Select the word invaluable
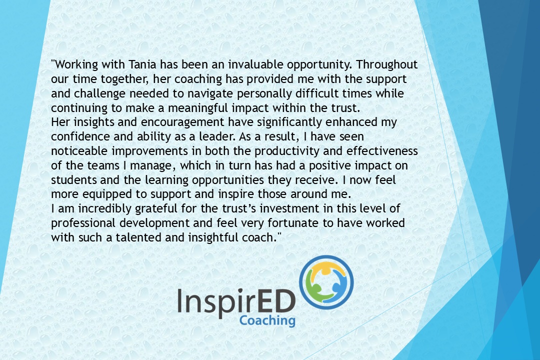(255, 64)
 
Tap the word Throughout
(386, 65)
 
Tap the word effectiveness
(382, 151)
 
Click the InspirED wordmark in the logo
(236, 302)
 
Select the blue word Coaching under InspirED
(267, 320)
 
